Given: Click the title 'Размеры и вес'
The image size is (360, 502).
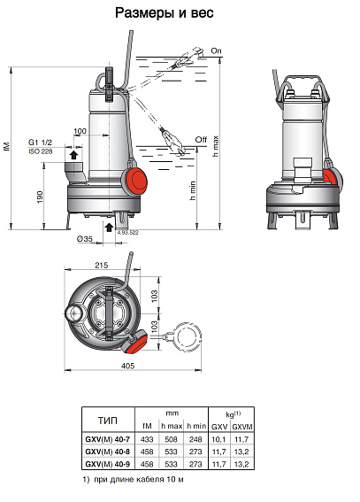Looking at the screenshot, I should point(176,13).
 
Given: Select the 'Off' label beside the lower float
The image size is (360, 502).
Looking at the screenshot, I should point(201,139).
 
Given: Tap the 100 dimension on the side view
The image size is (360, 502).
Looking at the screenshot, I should point(80,132).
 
